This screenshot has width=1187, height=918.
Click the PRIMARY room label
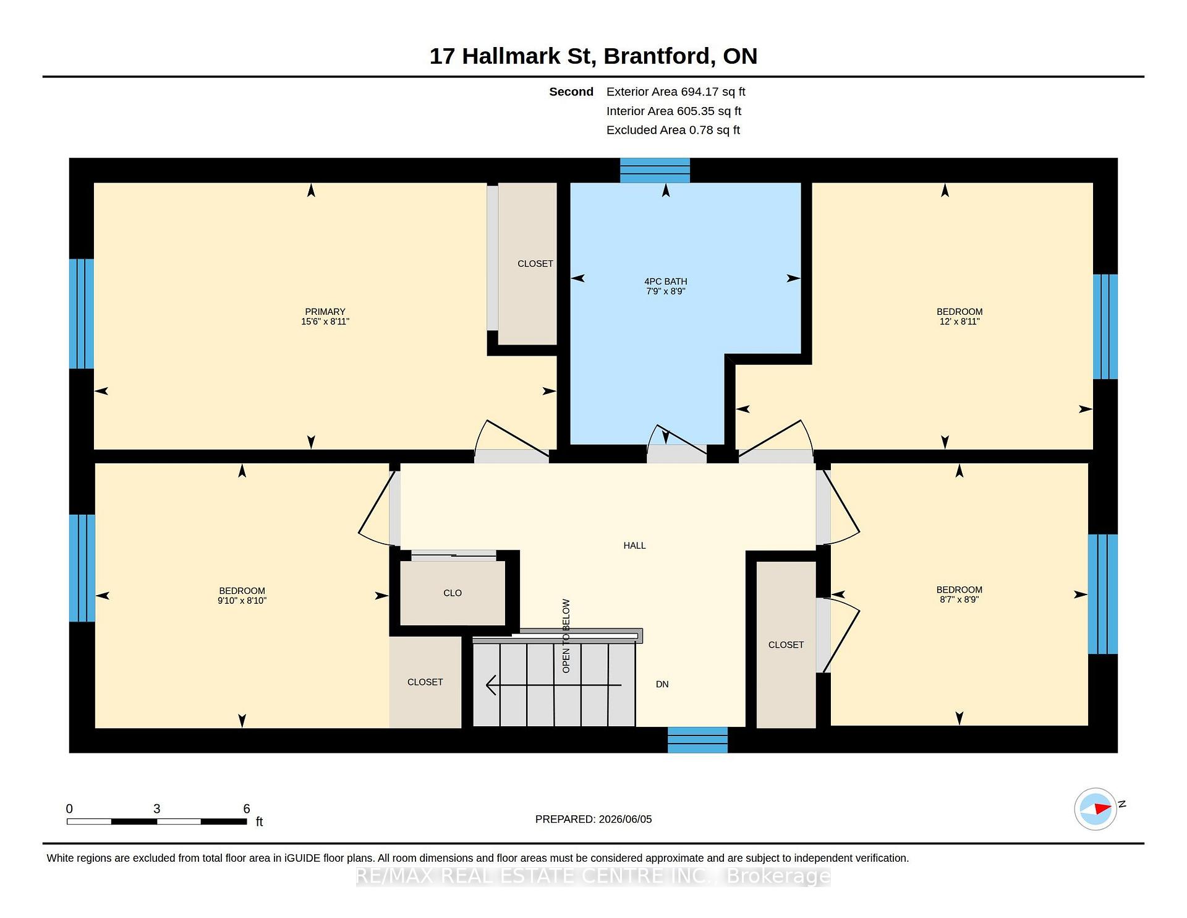tap(325, 312)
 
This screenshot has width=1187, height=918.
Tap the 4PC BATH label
tap(666, 281)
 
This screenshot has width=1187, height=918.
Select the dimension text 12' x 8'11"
tap(959, 322)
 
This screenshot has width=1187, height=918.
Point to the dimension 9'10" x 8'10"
tap(242, 601)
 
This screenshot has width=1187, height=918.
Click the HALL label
tap(634, 546)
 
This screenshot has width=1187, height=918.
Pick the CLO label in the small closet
tap(453, 593)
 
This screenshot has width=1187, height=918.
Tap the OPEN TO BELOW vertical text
tap(566, 636)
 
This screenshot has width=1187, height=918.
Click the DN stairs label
tap(662, 684)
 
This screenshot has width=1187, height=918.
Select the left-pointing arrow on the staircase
tap(554, 685)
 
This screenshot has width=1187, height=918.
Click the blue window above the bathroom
tap(655, 170)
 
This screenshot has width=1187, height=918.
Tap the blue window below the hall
tap(697, 740)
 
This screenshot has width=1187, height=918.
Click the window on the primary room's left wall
tap(82, 314)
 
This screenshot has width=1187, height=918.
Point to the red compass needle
tap(1102, 808)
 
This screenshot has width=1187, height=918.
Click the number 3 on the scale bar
tap(157, 809)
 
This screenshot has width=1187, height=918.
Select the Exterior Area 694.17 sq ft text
tap(676, 92)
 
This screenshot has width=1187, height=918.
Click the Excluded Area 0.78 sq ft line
tap(673, 131)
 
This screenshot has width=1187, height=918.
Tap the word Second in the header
tap(571, 92)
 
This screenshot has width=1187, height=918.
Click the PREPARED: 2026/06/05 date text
tap(593, 820)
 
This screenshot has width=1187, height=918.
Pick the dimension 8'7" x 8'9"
tap(959, 599)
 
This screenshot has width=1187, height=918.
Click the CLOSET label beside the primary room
tap(535, 264)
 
